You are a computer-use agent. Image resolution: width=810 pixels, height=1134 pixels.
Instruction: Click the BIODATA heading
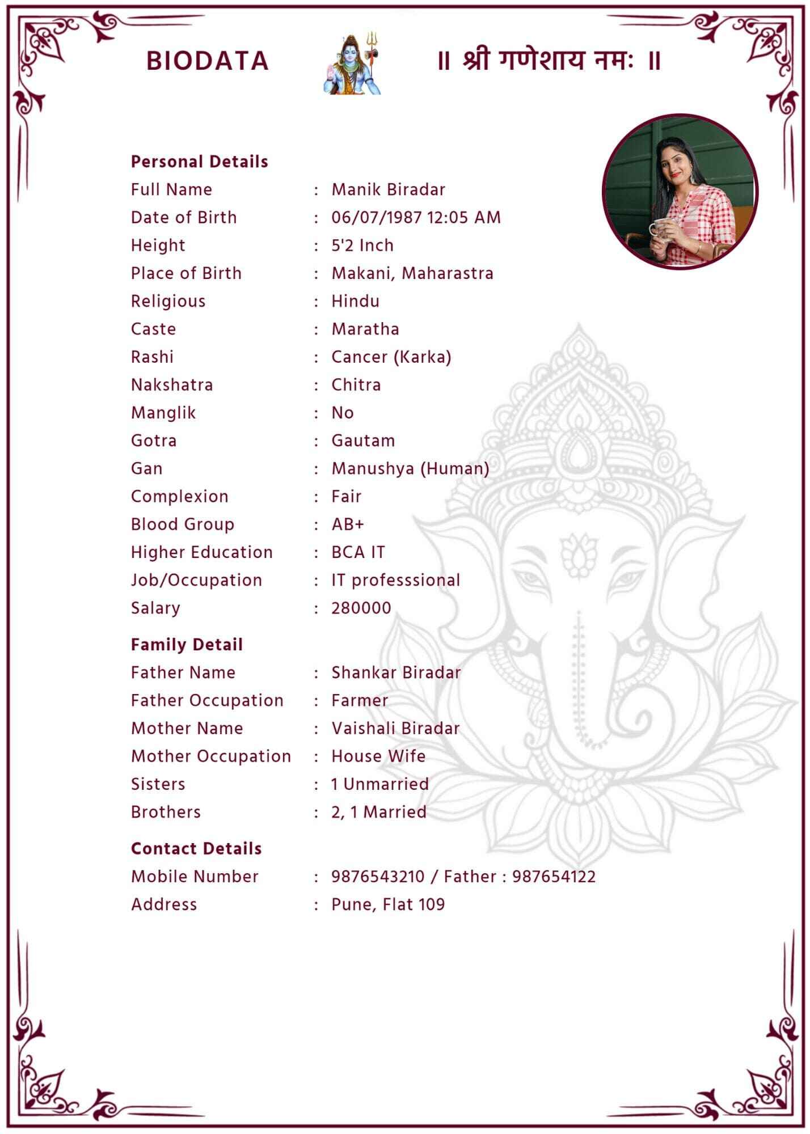[207, 61]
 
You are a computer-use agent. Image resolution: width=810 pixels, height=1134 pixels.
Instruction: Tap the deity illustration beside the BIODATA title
[352, 64]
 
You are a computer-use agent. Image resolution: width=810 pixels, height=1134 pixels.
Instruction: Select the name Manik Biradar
[388, 189]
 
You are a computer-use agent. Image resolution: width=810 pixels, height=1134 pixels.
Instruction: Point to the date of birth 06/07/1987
[377, 218]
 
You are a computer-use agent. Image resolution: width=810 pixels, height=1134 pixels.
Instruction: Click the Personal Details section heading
[199, 162]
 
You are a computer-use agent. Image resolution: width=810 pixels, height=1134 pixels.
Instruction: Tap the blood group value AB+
[347, 524]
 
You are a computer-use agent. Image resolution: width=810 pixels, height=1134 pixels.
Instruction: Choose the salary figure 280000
[361, 608]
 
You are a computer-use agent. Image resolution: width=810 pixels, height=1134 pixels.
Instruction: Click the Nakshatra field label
[172, 385]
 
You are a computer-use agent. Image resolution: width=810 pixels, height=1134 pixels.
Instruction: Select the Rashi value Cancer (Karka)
[391, 357]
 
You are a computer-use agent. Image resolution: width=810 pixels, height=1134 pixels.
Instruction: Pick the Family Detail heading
[187, 645]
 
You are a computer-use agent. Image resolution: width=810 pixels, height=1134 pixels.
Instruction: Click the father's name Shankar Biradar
[396, 672]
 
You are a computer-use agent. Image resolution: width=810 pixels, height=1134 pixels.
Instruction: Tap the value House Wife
[378, 756]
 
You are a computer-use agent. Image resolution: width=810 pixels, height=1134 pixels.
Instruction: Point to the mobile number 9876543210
[378, 877]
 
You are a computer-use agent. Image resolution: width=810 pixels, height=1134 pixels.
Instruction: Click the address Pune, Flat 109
[388, 904]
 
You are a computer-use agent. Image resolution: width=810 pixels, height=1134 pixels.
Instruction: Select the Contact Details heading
[196, 849]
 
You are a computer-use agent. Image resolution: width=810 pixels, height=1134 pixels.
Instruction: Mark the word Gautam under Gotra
[363, 441]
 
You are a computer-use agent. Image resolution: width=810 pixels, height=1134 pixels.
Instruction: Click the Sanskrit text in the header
[549, 61]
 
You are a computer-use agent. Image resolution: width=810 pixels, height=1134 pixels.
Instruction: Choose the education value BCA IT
[358, 552]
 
